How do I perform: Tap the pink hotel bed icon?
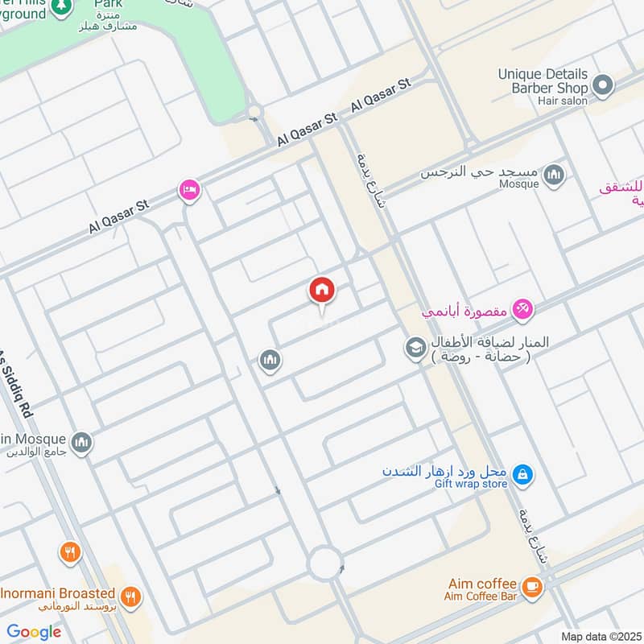[x=190, y=190]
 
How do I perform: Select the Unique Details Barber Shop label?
[x=543, y=81]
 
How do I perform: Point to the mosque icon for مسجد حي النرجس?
[x=553, y=174]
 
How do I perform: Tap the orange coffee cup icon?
[x=531, y=588]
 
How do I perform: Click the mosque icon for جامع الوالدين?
[x=81, y=442]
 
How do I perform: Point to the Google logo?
[x=34, y=631]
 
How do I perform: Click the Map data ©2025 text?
[x=600, y=636]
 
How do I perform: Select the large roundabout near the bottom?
[x=326, y=563]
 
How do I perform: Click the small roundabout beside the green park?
[x=255, y=111]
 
